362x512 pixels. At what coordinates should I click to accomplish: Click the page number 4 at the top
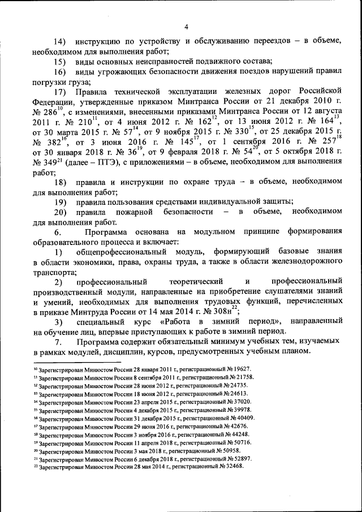tap(186, 25)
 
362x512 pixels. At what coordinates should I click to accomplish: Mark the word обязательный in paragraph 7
tap(177, 343)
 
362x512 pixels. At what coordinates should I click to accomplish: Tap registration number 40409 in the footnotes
tap(243, 418)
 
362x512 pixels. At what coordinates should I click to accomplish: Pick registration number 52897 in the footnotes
tap(240, 459)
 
